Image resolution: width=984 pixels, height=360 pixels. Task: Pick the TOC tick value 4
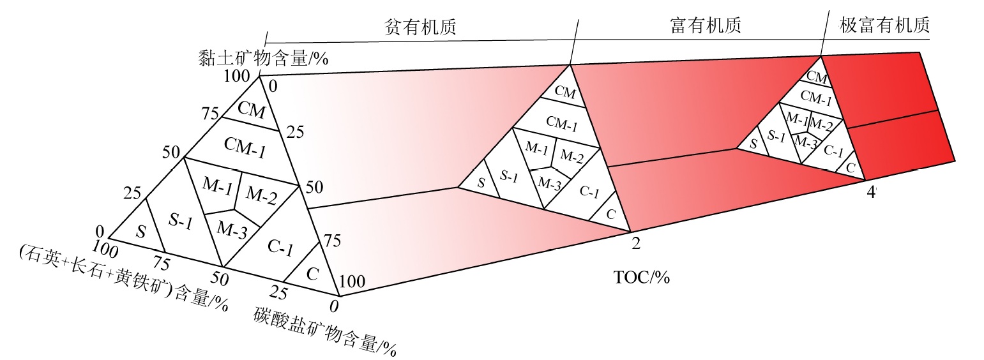coord(870,192)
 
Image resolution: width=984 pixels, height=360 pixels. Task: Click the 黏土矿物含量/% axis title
coord(263,59)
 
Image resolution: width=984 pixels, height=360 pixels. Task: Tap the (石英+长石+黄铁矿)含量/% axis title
coord(125,276)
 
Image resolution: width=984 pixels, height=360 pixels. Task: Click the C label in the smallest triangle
coord(851,167)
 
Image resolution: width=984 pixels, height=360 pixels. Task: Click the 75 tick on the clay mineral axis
coord(210,115)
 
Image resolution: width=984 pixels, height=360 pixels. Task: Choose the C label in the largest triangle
coord(312,275)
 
